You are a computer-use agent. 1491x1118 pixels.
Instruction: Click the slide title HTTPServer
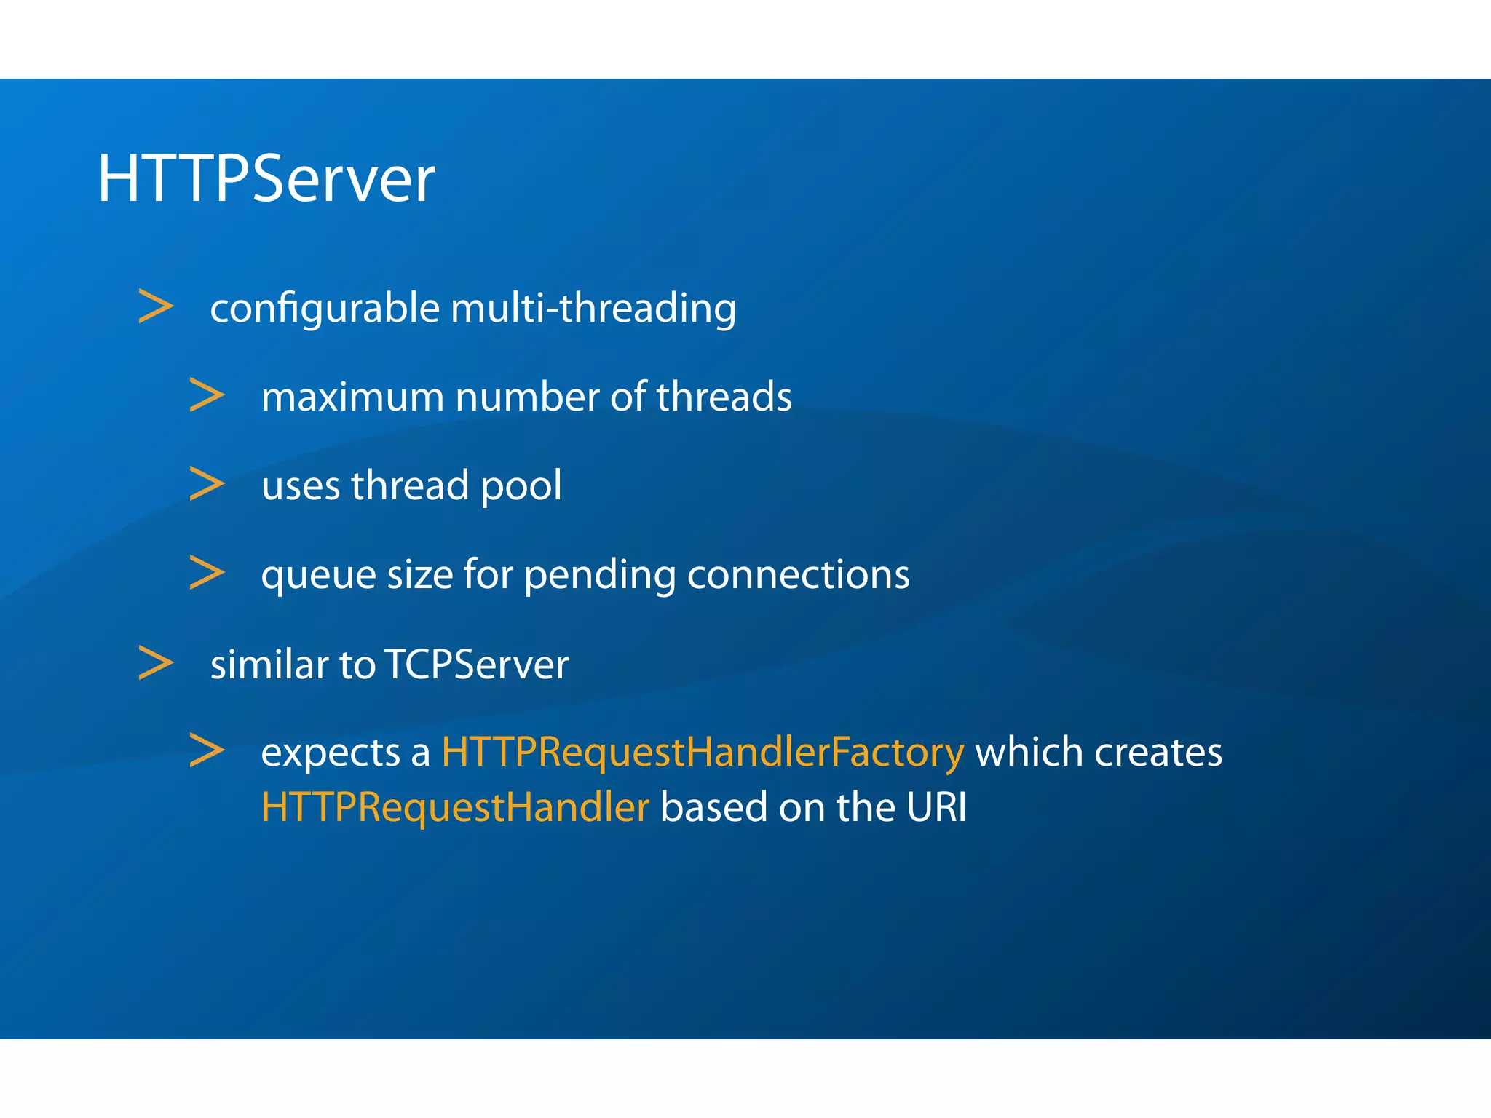(x=266, y=178)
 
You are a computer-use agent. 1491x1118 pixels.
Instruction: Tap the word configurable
(x=325, y=309)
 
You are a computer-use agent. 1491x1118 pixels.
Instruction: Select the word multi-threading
(x=593, y=309)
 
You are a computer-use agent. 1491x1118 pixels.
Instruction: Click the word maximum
(x=352, y=397)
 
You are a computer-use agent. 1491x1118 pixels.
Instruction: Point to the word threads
(x=724, y=397)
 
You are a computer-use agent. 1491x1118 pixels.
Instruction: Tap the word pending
(x=600, y=576)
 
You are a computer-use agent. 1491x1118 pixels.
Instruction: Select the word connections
(x=798, y=575)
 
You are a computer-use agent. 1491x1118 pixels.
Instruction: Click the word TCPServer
(x=476, y=665)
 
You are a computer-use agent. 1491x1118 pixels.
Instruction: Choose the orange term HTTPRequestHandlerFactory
(x=703, y=753)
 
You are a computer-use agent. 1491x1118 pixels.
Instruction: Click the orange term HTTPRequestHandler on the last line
(x=455, y=808)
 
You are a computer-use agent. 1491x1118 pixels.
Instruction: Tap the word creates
(x=1158, y=753)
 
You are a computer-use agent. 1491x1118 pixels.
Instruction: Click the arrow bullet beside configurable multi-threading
(x=156, y=306)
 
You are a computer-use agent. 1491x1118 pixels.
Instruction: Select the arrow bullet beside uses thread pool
(x=207, y=484)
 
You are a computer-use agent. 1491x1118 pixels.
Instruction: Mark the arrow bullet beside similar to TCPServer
(x=156, y=663)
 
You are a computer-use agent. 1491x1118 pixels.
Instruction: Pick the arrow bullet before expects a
(x=207, y=750)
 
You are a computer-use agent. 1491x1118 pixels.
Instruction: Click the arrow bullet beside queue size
(x=207, y=573)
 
